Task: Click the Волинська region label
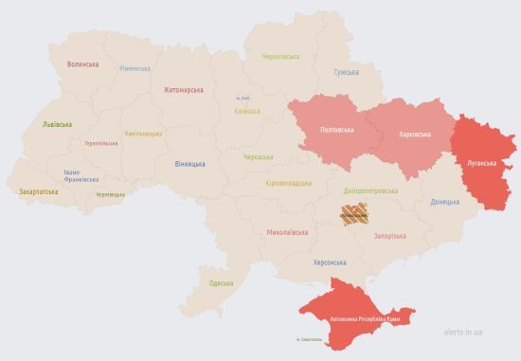coord(83,64)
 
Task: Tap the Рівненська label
coord(135,68)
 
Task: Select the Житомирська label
coord(183,90)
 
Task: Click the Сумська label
coord(347,72)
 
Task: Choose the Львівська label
coord(57,124)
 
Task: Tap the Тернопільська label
coord(101,143)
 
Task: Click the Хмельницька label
coord(143,134)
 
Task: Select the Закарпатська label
coord(39,191)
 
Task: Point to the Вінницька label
coord(189,164)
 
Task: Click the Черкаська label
coord(258,156)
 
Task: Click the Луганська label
coord(481,163)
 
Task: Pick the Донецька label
coord(444,202)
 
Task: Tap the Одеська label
coord(221,283)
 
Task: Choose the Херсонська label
coord(330,262)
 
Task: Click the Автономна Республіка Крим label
coord(365,320)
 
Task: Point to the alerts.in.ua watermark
coord(462,333)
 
